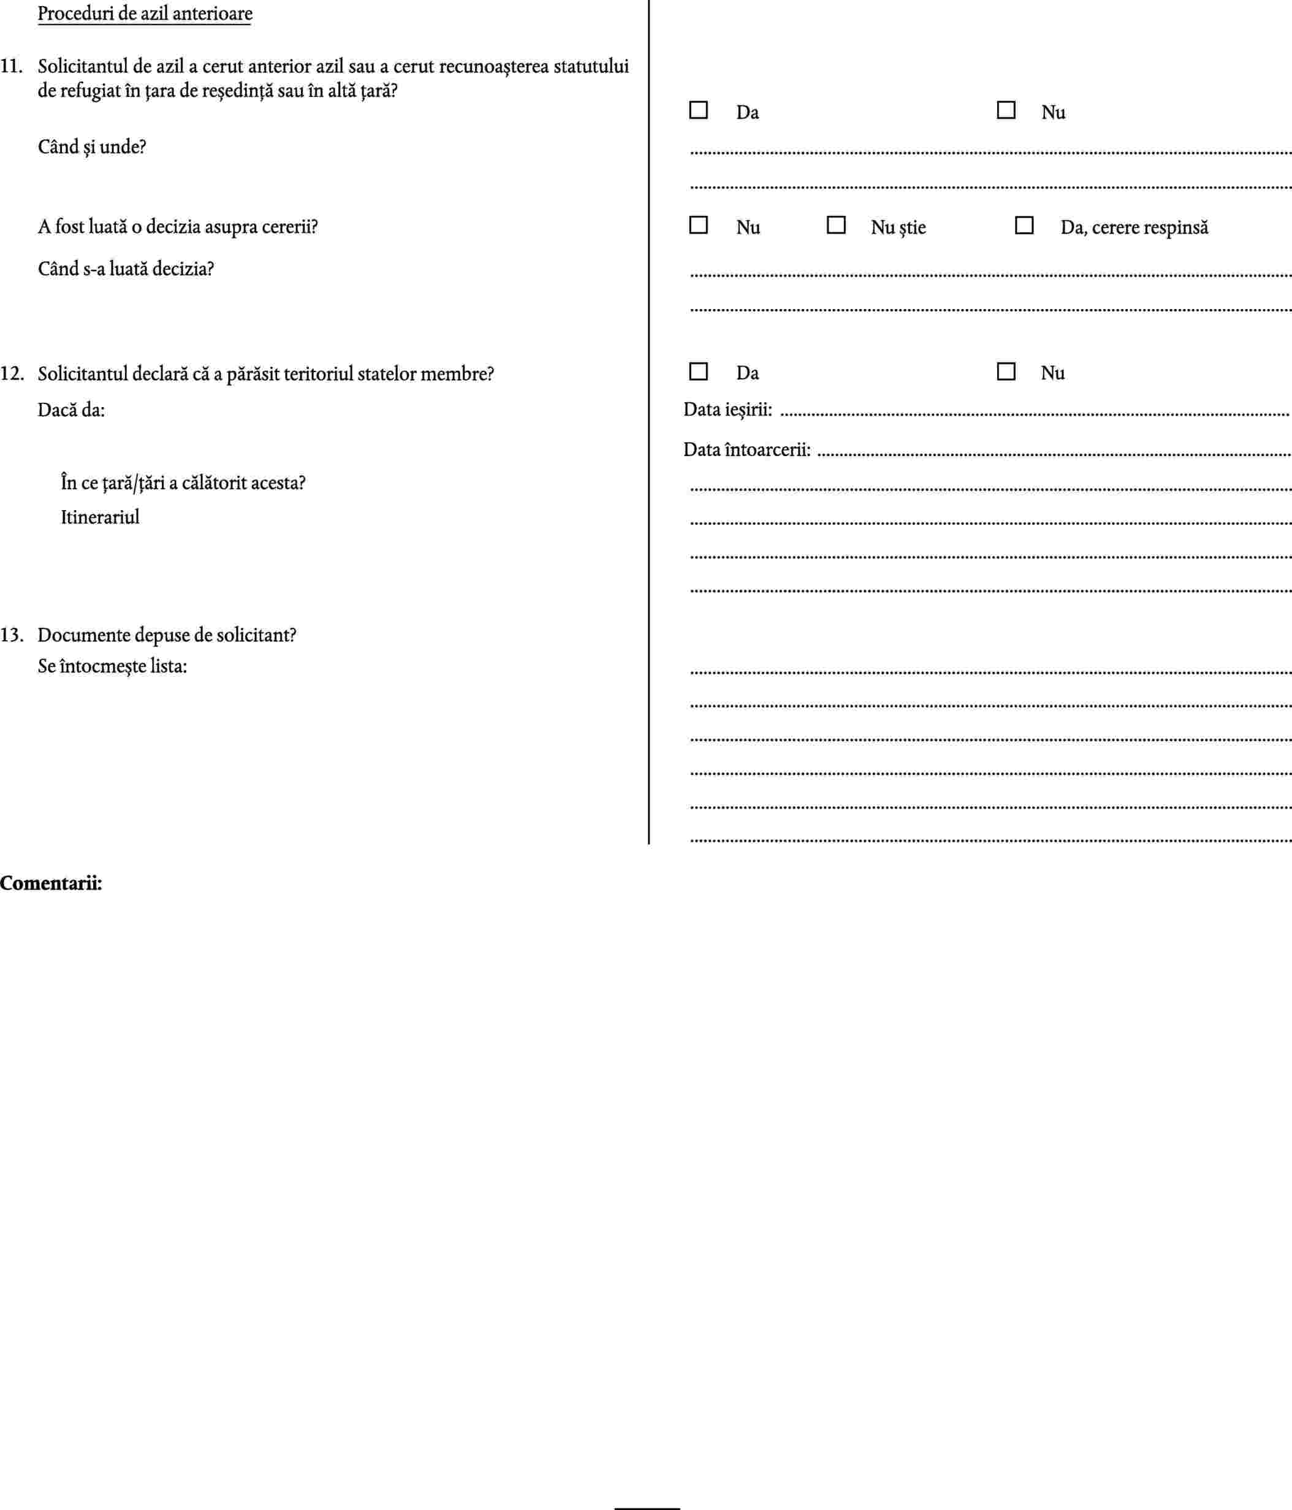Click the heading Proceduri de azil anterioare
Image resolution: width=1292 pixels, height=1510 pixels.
(145, 14)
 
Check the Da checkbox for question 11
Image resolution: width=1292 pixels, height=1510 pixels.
(698, 110)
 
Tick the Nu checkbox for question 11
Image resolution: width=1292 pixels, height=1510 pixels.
(1006, 110)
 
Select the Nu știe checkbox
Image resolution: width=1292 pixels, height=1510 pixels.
(836, 225)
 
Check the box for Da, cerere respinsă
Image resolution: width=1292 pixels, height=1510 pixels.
(1024, 225)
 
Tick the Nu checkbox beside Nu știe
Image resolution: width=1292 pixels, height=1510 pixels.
(698, 225)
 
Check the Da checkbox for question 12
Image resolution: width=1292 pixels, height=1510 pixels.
(698, 372)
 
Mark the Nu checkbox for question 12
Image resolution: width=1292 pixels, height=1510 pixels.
(1006, 372)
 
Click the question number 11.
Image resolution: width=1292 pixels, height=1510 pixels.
(11, 67)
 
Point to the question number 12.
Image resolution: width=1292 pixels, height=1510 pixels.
(12, 375)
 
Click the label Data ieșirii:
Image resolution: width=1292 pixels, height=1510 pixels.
(728, 410)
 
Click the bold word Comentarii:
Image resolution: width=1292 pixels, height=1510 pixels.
(51, 884)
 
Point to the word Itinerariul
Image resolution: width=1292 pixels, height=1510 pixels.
(100, 517)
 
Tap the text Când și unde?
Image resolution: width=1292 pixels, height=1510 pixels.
(92, 147)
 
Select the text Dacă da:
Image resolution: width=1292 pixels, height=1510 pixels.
(72, 410)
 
